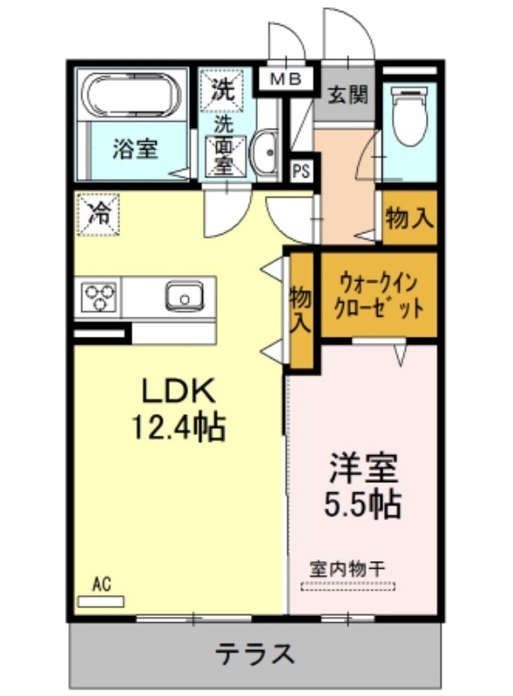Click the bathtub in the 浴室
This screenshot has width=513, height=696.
(132, 95)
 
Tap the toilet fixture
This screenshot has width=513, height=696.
(409, 115)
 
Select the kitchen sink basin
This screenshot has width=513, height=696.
(185, 296)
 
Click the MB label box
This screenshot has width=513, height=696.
(287, 79)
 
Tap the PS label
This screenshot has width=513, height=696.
(301, 171)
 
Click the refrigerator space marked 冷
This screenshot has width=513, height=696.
(98, 215)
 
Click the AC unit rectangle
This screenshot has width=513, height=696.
(101, 601)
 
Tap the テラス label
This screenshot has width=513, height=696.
(255, 653)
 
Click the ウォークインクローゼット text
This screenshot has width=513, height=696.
(378, 296)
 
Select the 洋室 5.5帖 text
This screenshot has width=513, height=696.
(362, 486)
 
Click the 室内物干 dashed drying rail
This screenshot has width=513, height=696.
(348, 586)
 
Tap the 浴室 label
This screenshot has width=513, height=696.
(135, 149)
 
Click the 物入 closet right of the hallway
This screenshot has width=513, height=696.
(409, 217)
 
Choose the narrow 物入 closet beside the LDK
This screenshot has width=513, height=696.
(302, 311)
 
